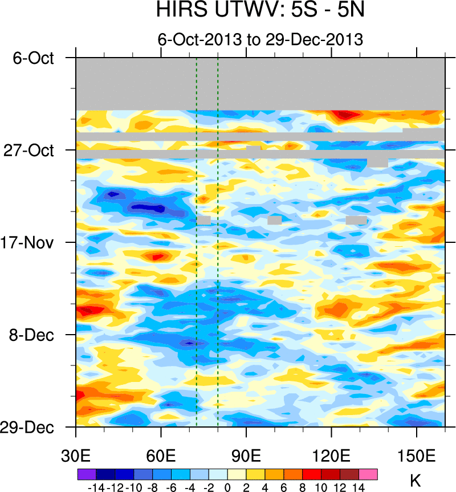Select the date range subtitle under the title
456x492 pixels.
tap(260, 39)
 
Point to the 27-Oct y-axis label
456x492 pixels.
tap(33, 150)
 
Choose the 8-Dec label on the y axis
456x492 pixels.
tap(34, 335)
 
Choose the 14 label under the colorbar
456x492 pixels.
tap(359, 487)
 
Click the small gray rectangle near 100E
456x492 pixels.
tap(274, 220)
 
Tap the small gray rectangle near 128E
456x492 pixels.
tap(356, 220)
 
